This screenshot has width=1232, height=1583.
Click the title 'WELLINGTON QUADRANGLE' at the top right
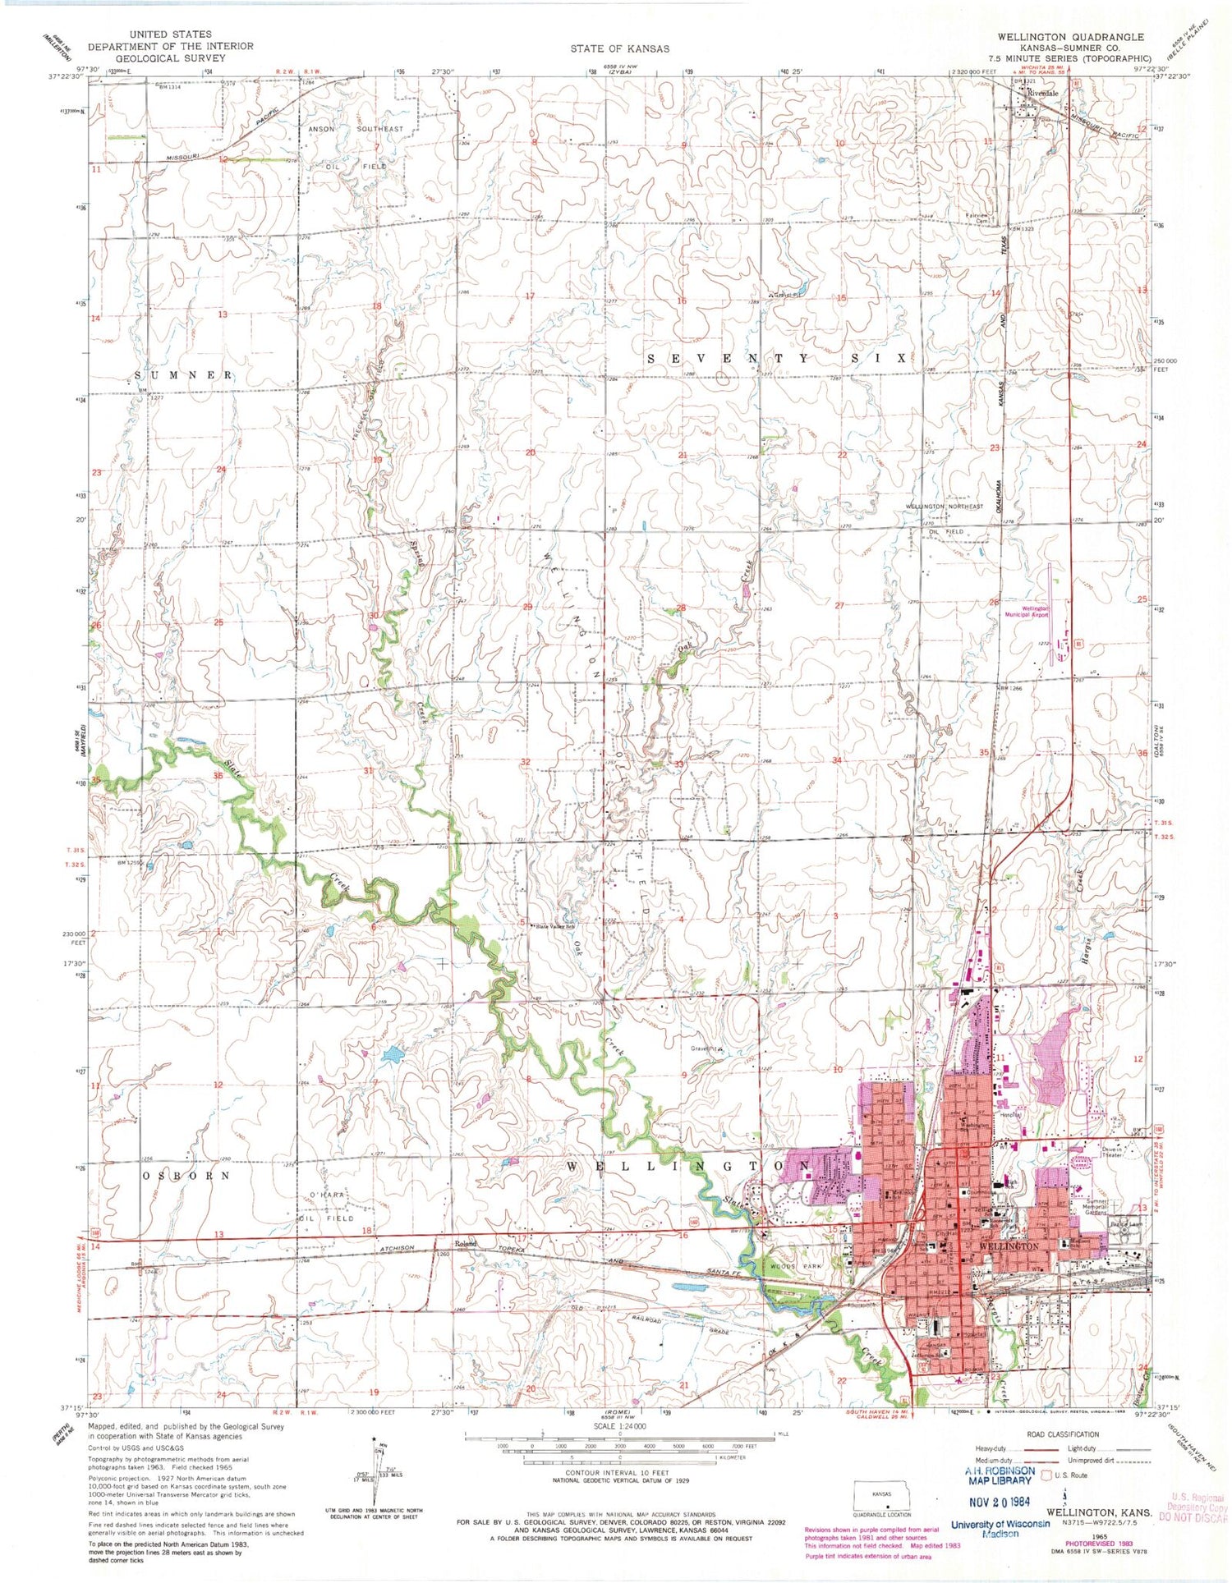1065,37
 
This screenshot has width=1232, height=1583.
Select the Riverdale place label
1042,94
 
